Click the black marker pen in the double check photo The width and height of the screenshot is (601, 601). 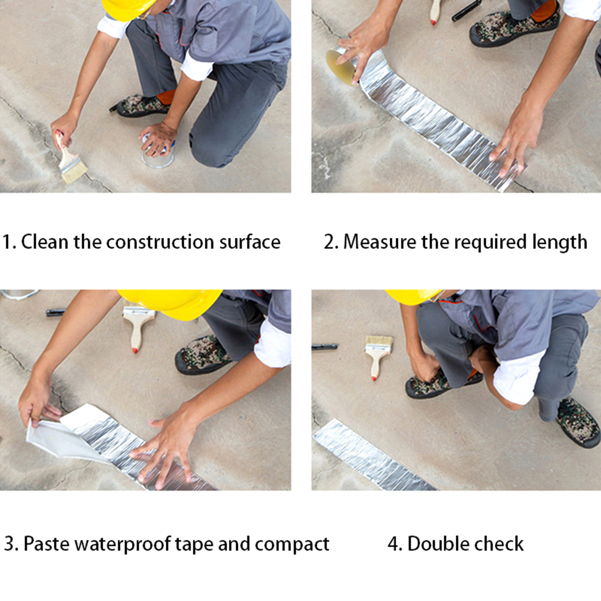[325, 347]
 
